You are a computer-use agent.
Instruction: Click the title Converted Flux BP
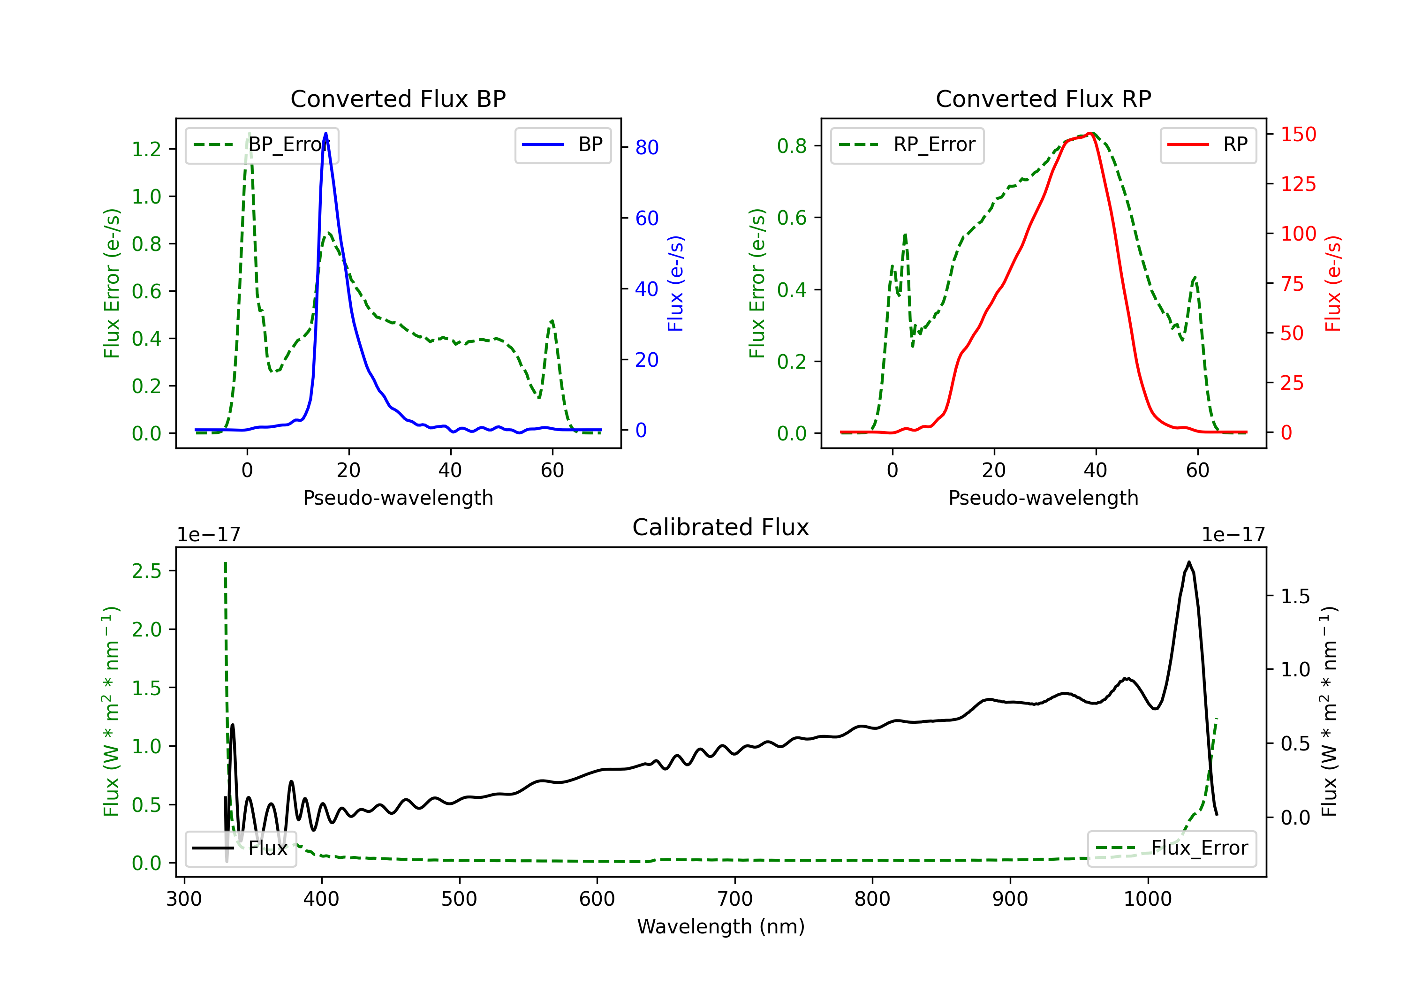tap(398, 98)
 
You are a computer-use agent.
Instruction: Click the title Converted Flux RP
tap(1043, 98)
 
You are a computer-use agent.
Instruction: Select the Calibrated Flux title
tap(721, 527)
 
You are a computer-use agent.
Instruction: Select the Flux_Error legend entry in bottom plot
tap(1172, 849)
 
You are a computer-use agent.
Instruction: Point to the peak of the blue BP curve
tap(325, 133)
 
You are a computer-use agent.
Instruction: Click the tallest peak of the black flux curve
tap(1189, 561)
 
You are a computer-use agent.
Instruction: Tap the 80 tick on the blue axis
tap(646, 147)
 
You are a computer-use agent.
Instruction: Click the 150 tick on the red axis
tap(1298, 134)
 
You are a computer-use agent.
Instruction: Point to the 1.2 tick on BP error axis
tap(146, 149)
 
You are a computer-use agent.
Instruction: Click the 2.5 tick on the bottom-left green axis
tap(146, 571)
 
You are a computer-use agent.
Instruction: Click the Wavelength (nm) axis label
tap(721, 926)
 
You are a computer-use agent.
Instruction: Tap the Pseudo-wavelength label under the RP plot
tap(1043, 498)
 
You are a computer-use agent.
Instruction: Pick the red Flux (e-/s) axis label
tap(1332, 284)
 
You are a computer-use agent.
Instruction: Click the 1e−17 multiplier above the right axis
tap(1233, 535)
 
